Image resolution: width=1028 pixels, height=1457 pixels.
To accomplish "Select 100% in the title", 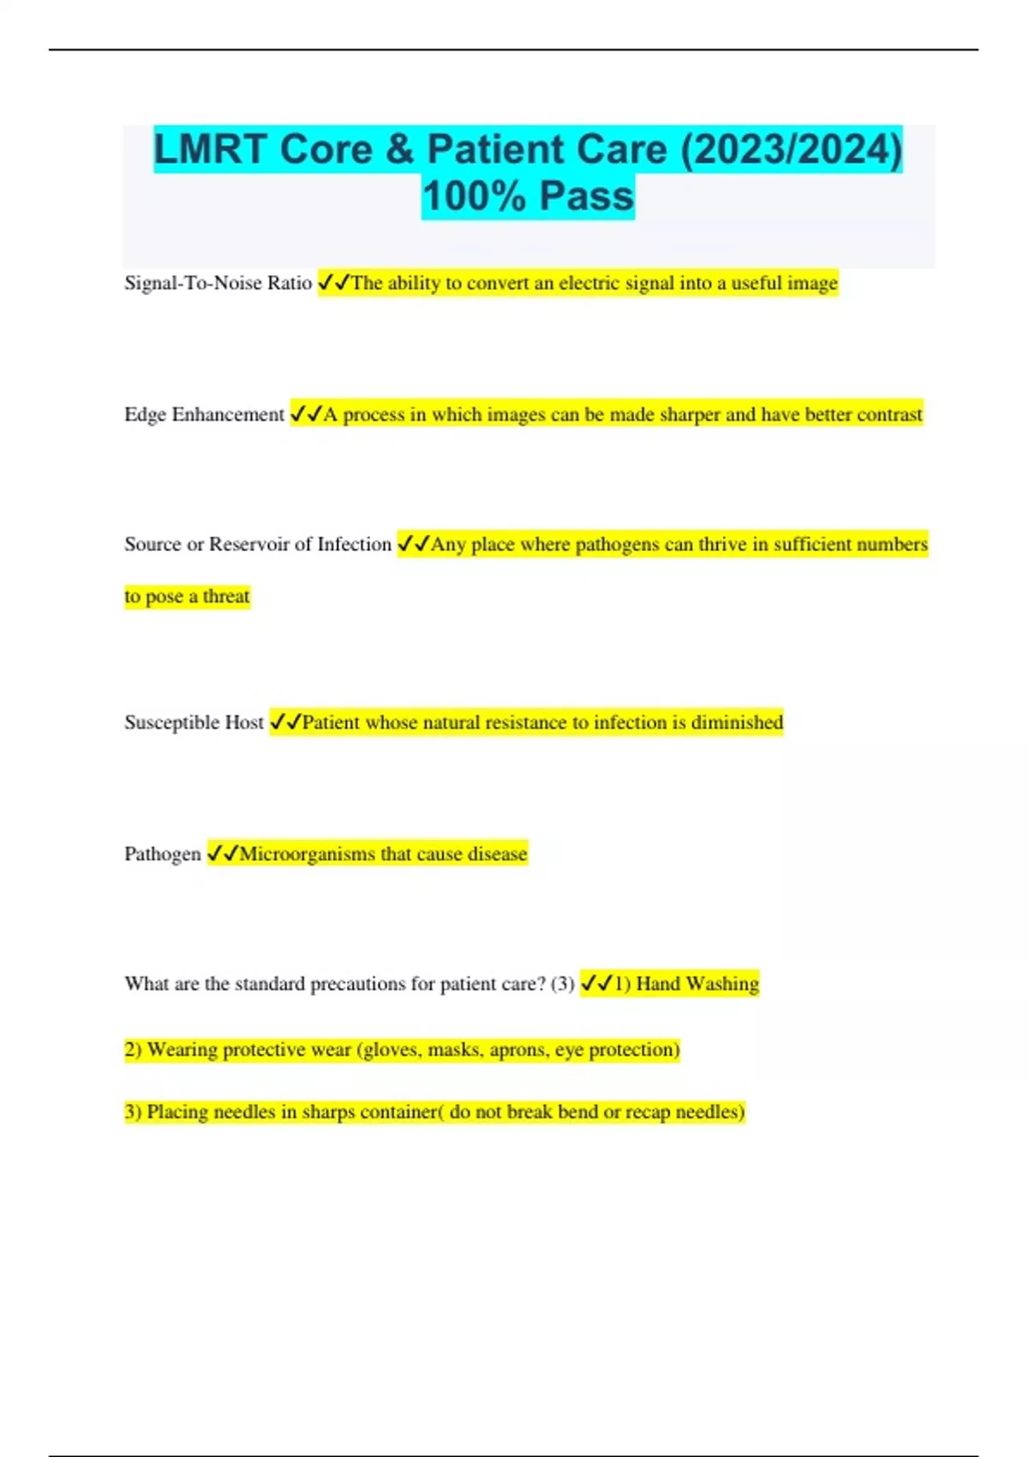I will pyautogui.click(x=474, y=196).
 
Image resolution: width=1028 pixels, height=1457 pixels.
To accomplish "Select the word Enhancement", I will pyautogui.click(x=228, y=415).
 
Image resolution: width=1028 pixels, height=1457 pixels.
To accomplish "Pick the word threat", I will pyautogui.click(x=226, y=597).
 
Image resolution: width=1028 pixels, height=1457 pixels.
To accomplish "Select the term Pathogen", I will pyautogui.click(x=162, y=854).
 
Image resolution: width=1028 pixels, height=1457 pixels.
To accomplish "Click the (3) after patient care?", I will pyautogui.click(x=563, y=984).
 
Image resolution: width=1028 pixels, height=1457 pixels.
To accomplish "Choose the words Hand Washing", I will pyautogui.click(x=697, y=984).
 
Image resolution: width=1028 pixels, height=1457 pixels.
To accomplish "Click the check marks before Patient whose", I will pyautogui.click(x=285, y=723).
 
